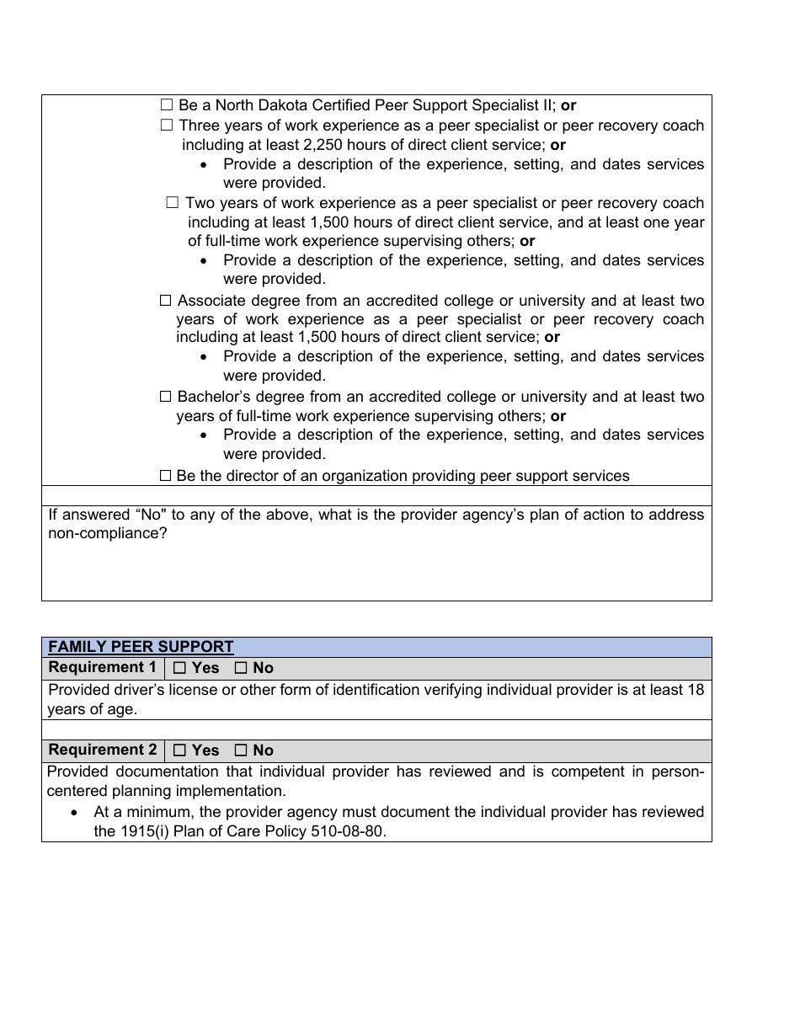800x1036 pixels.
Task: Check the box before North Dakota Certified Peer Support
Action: pos(166,105)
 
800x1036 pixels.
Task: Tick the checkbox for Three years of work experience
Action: pos(166,125)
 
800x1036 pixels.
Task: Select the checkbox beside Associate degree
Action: pos(165,301)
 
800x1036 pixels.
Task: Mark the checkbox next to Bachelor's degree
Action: pos(165,397)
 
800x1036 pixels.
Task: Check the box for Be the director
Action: pos(165,476)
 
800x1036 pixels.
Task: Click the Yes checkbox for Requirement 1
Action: pos(179,668)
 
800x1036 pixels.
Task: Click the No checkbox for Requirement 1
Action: pos(241,668)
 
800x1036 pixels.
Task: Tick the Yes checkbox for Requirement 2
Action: pos(179,750)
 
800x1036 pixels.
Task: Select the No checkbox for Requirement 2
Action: pos(241,750)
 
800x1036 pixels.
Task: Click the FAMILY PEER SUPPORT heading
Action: pos(141,647)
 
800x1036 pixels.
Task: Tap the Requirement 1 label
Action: pos(103,668)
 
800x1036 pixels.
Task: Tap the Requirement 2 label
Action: pos(103,750)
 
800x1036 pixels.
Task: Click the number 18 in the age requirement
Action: pos(695,690)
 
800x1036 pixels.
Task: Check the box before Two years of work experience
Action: pos(173,203)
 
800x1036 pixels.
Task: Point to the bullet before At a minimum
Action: pos(76,813)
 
